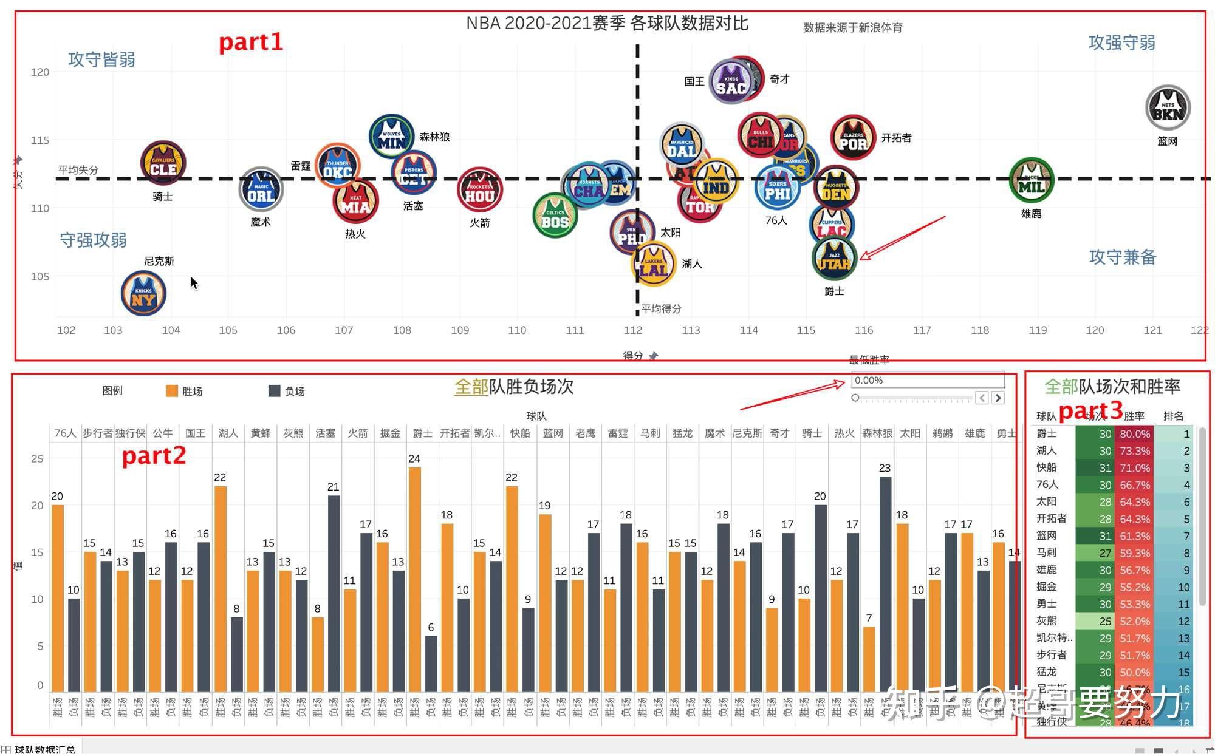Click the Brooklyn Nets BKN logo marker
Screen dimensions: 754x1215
click(1167, 108)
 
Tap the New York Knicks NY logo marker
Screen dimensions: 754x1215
click(143, 294)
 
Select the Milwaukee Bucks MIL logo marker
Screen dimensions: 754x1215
click(1031, 180)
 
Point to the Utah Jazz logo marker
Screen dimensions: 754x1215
click(834, 259)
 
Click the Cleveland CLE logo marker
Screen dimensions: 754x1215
click(163, 163)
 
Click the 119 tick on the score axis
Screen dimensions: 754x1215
click(1038, 330)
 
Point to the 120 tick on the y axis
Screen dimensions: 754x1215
click(40, 72)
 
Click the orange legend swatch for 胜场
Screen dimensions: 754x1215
click(172, 391)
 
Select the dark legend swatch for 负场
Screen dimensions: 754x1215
click(275, 391)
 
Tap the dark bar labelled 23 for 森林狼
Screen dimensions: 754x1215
click(886, 583)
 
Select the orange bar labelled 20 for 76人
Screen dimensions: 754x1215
click(58, 597)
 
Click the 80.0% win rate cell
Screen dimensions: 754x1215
click(1134, 434)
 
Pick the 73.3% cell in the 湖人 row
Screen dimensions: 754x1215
click(1134, 451)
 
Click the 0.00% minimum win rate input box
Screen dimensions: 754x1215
click(927, 381)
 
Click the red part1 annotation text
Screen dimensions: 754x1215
click(250, 42)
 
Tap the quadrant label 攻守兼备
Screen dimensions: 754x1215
click(1122, 257)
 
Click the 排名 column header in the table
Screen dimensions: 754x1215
click(1172, 416)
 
